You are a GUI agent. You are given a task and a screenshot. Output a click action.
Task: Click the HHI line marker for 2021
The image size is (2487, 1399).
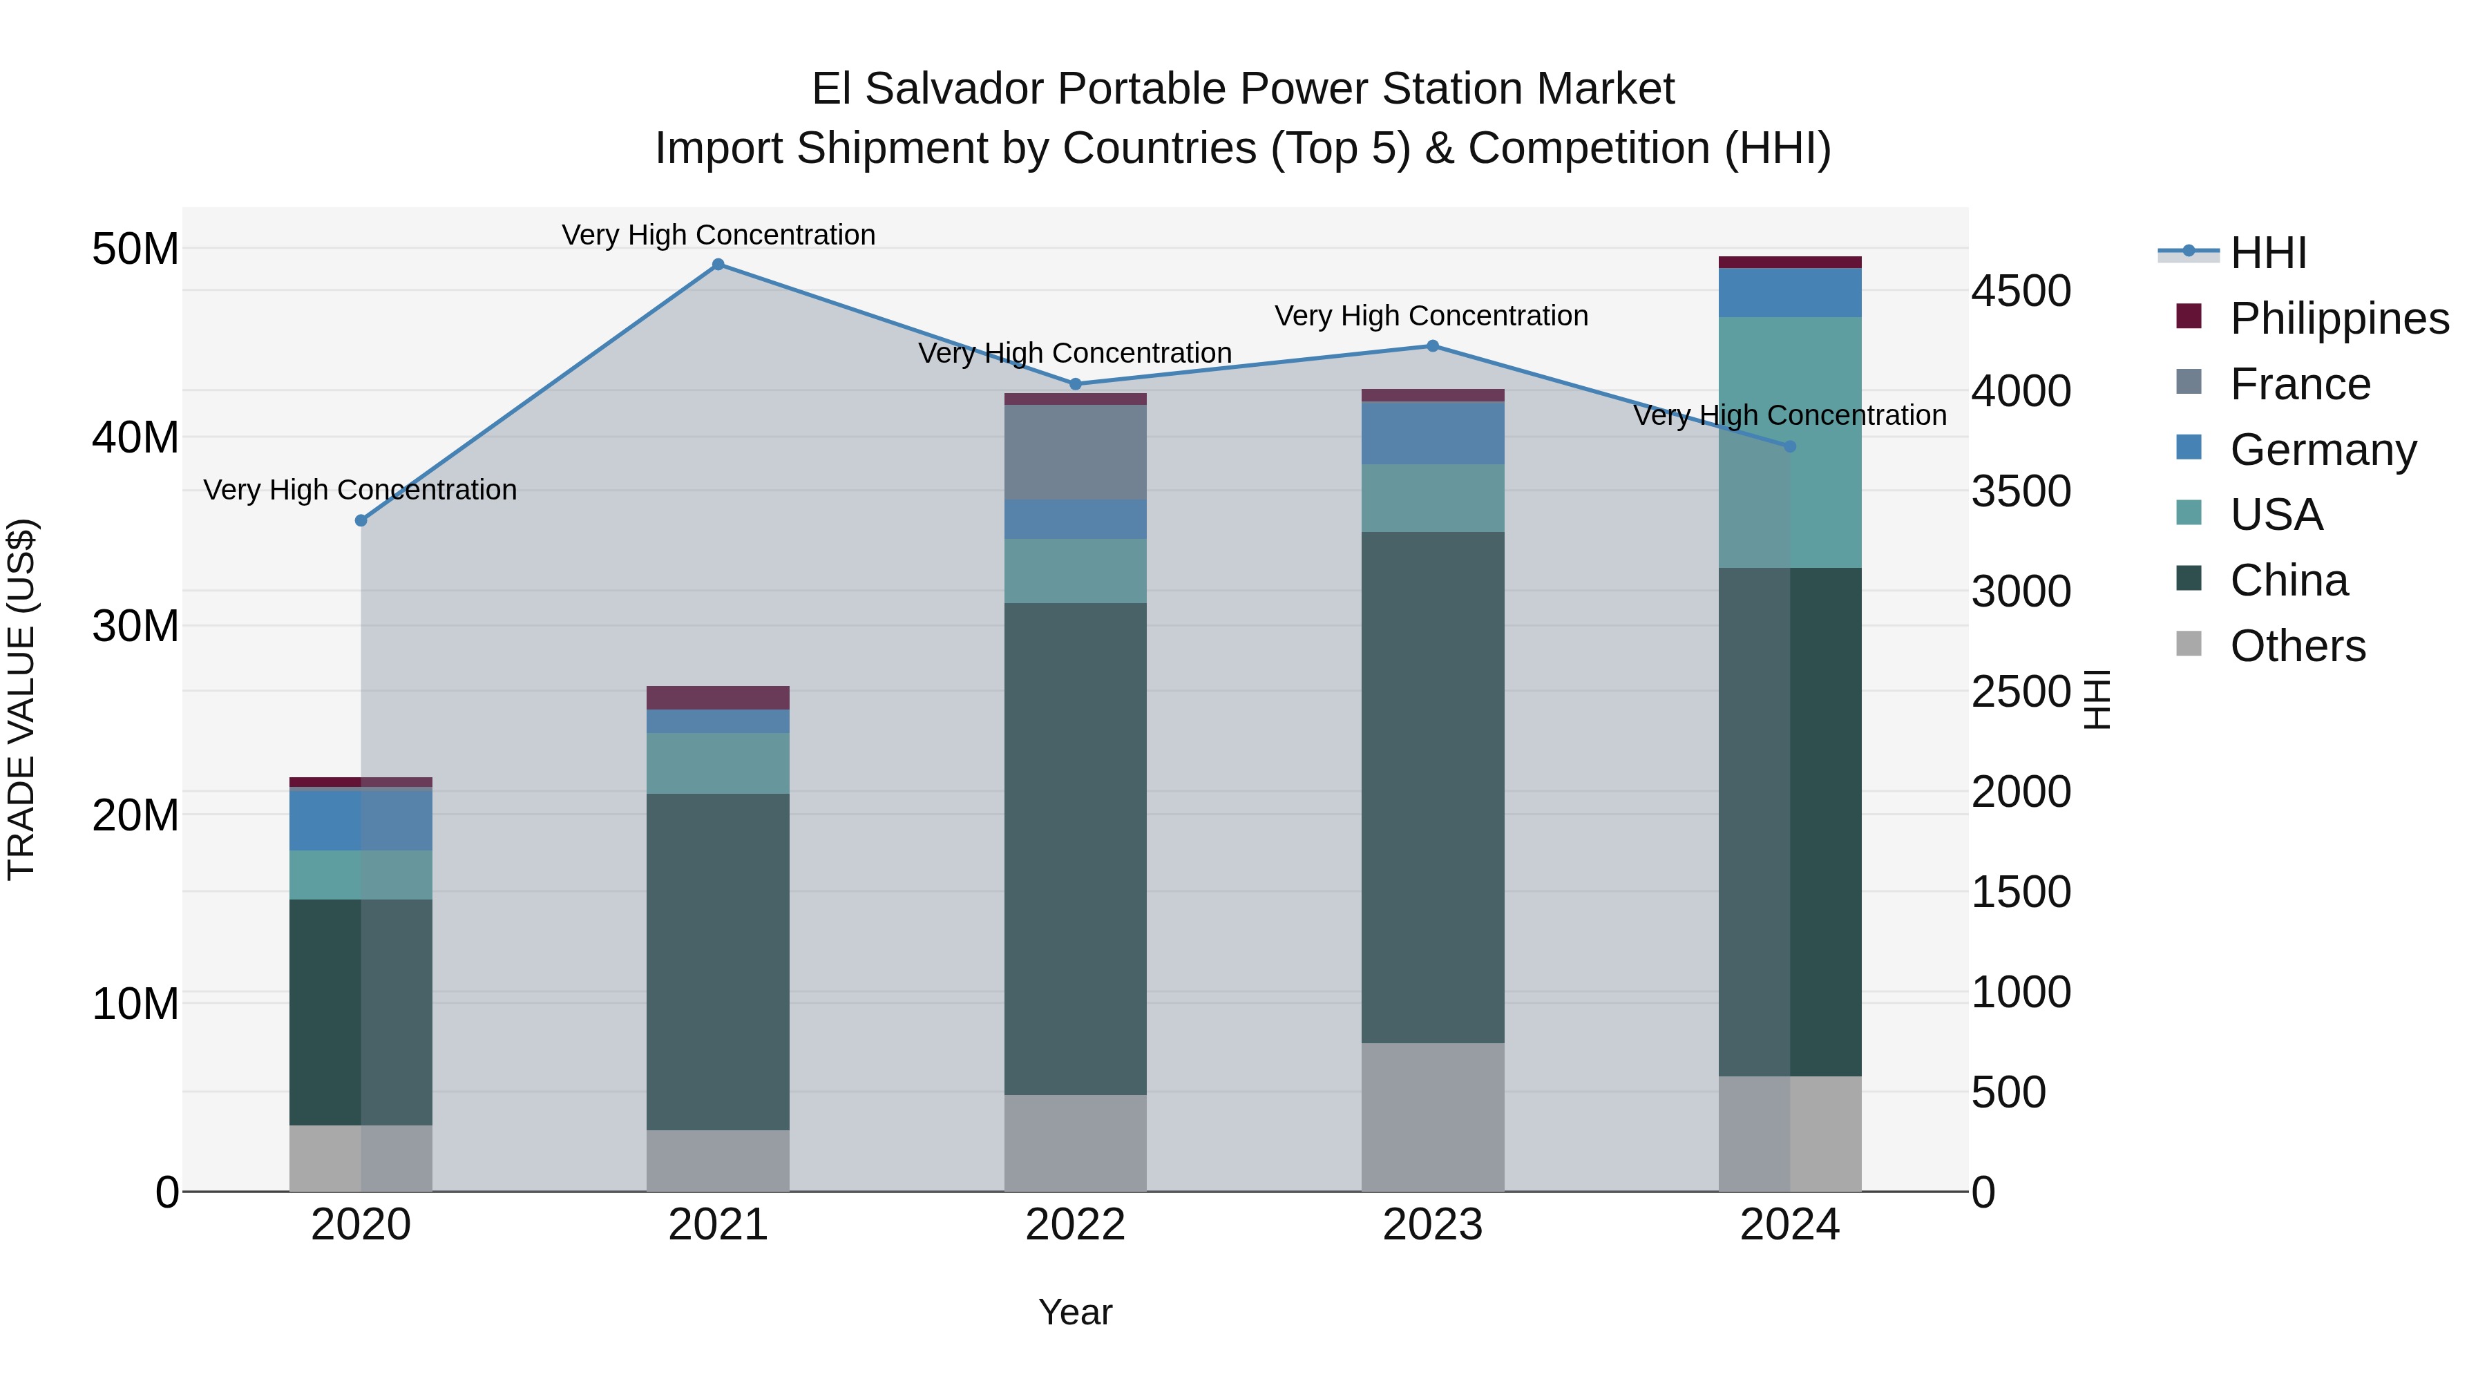(718, 265)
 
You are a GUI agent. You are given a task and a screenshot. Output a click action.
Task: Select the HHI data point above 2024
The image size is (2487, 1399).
(1790, 446)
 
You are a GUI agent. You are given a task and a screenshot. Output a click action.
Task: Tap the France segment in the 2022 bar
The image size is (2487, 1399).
(1076, 452)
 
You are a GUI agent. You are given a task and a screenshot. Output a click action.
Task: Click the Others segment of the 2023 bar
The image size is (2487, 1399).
(1433, 1116)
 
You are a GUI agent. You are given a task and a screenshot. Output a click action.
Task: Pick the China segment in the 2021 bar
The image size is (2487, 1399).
(718, 962)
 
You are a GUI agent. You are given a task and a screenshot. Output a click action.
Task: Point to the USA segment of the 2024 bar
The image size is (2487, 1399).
(1790, 442)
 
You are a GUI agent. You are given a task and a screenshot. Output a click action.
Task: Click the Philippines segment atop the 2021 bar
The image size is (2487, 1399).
(718, 697)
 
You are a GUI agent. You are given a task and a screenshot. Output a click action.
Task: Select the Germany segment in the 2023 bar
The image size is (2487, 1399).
(1433, 432)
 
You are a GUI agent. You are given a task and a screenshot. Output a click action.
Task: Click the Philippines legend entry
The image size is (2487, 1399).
(2339, 318)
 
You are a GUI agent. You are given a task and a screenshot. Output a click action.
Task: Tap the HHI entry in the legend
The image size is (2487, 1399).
(2268, 253)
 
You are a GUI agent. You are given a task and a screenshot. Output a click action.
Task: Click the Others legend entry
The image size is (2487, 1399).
(2297, 646)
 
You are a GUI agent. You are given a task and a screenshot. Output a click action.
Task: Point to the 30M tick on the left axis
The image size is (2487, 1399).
(135, 627)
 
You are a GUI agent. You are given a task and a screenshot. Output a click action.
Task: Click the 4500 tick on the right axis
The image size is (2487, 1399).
(2021, 291)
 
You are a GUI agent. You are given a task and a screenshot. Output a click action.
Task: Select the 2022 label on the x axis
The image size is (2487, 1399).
(1076, 1225)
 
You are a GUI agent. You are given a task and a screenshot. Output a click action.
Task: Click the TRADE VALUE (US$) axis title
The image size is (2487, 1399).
(21, 699)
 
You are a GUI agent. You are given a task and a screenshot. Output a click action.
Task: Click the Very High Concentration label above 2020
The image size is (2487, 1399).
(360, 490)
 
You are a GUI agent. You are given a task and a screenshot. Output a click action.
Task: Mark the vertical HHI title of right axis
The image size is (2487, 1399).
(2097, 699)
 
